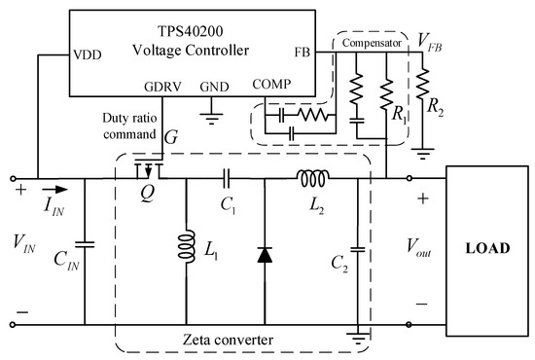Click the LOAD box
[x=487, y=251]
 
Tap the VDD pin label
[x=88, y=54]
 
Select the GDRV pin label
[x=162, y=87]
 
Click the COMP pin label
[x=271, y=84]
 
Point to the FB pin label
[x=303, y=53]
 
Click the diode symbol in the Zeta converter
[x=265, y=255]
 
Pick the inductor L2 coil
[x=313, y=178]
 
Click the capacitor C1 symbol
[x=227, y=178]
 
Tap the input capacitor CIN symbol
[x=85, y=244]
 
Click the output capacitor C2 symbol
[x=358, y=249]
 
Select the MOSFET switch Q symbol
[x=149, y=169]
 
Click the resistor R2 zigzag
[x=422, y=84]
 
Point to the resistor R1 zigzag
[x=386, y=94]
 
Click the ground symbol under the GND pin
[x=211, y=118]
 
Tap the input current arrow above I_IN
[x=54, y=190]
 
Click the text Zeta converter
[x=228, y=340]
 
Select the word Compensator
[x=372, y=43]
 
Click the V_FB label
[x=430, y=42]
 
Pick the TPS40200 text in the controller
[x=190, y=31]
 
